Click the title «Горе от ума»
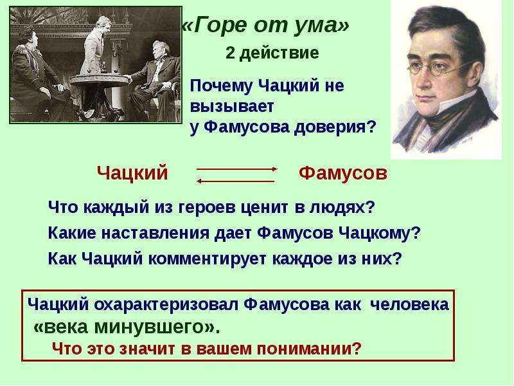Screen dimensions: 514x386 click(265, 25)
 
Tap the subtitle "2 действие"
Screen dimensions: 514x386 click(272, 53)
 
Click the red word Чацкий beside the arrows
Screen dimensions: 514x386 click(132, 172)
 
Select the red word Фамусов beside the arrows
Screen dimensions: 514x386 click(343, 173)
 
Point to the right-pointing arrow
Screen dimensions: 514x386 click(236, 169)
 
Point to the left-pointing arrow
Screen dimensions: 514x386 click(235, 181)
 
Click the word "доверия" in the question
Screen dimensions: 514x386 click(334, 127)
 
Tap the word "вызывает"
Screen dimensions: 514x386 click(232, 106)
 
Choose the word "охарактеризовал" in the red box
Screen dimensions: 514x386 click(166, 304)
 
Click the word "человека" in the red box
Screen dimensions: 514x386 click(409, 304)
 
